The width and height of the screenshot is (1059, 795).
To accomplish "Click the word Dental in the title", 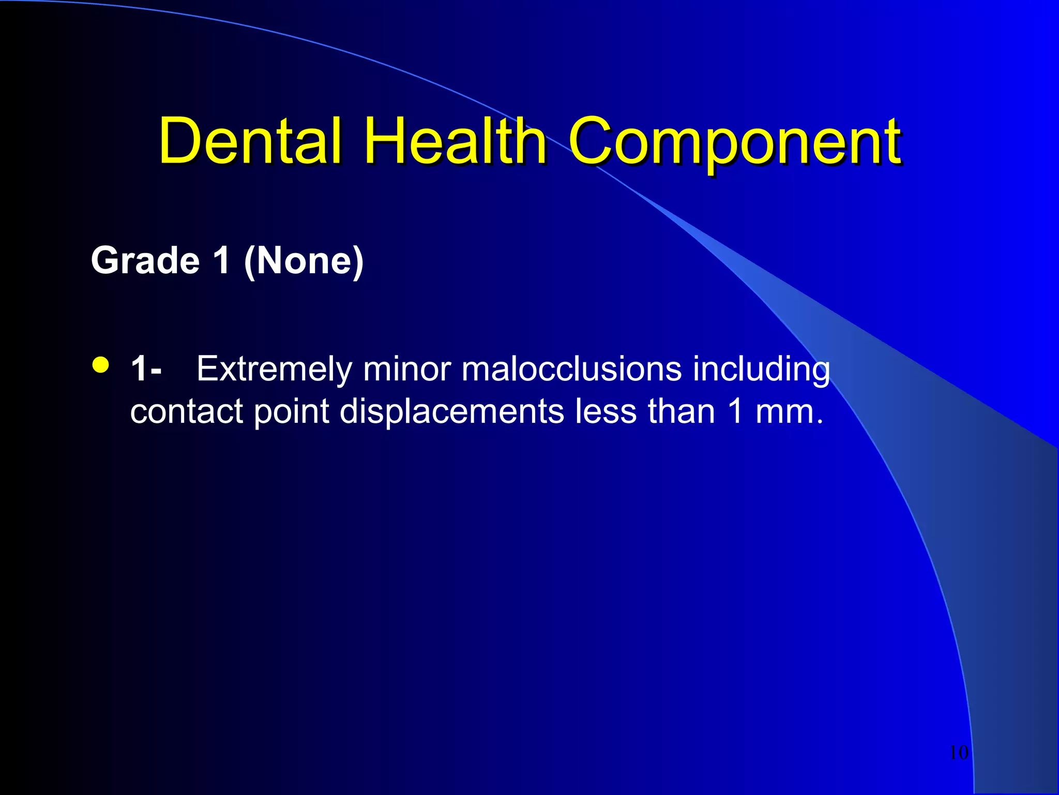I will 250,141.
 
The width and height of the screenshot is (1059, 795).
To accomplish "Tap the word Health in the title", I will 455,141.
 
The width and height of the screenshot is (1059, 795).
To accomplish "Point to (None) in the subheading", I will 304,261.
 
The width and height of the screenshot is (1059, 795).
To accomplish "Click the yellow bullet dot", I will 101,365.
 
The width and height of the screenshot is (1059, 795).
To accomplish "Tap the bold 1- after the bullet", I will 146,370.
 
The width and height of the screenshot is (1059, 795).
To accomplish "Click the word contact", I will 187,412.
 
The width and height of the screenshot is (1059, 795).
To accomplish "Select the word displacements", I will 452,412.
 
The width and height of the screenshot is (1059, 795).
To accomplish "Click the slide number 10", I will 959,753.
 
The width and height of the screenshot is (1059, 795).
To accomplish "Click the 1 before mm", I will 736,412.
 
